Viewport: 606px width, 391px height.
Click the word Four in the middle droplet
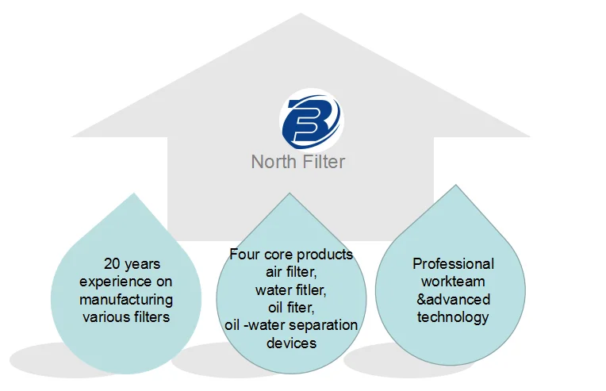click(244, 255)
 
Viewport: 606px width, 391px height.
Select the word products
click(324, 255)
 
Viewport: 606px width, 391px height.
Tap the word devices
click(291, 343)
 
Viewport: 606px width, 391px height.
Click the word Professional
click(453, 264)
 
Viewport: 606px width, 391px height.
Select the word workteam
click(453, 282)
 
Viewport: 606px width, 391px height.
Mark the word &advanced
click(453, 300)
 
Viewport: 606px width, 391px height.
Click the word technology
click(453, 317)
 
